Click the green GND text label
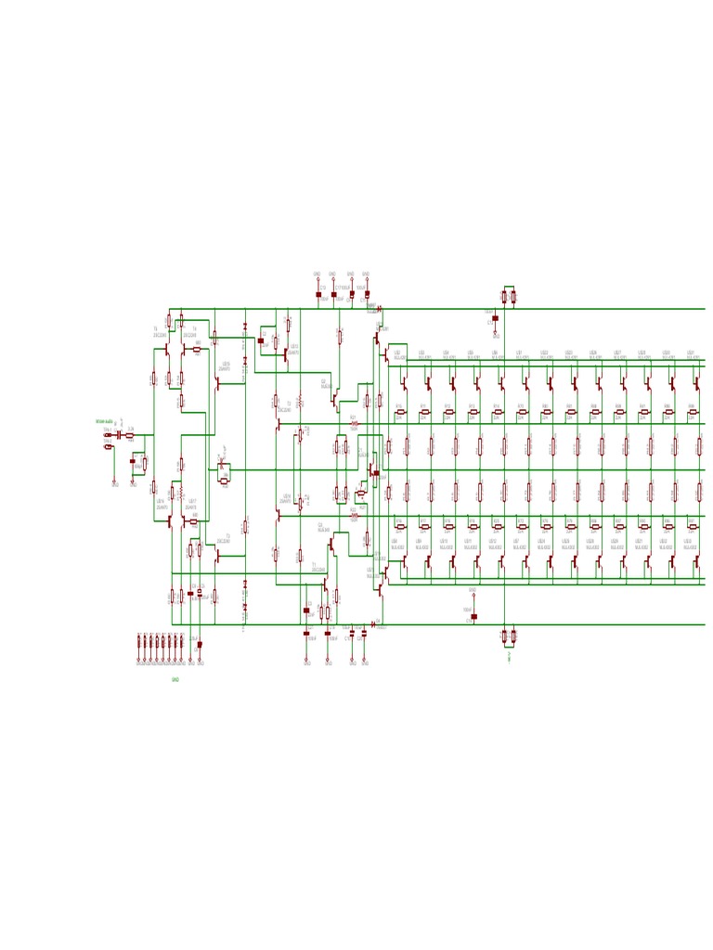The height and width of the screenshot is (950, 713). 175,680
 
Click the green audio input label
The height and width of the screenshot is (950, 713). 104,421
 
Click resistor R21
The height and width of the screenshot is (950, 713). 354,424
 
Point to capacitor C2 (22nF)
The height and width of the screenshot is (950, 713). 261,340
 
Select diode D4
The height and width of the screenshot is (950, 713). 373,624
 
